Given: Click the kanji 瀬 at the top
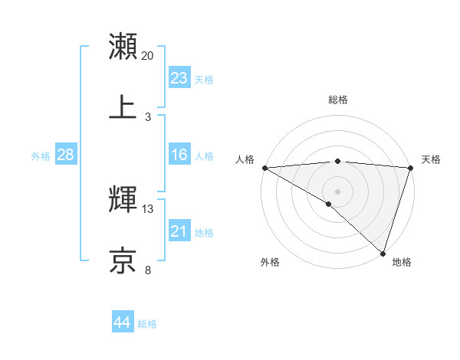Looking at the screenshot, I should (123, 46).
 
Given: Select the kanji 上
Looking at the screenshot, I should (123, 107).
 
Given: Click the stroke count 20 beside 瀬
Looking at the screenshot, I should (148, 56).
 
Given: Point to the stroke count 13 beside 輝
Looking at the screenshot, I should (148, 209).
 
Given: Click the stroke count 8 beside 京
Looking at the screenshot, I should (148, 270).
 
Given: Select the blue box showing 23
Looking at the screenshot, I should (179, 78).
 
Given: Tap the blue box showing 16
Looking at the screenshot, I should (179, 155).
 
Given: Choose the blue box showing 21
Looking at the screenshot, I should (179, 231).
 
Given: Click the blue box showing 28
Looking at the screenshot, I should (66, 155).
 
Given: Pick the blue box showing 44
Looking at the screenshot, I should (123, 322).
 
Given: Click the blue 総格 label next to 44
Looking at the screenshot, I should (147, 324).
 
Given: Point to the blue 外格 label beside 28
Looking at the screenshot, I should (41, 156).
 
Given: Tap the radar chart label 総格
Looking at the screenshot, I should (338, 100).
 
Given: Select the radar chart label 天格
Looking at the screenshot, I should (432, 159).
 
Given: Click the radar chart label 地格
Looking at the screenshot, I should (402, 262).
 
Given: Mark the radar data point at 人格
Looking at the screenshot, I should (264, 168).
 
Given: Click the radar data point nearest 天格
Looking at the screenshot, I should (411, 168).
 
